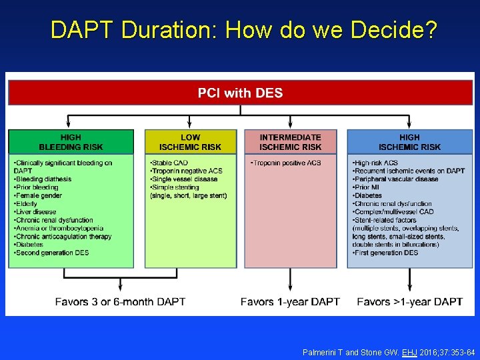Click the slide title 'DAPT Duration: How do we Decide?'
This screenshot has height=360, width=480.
tap(244, 30)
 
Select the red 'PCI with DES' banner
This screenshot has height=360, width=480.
tap(240, 93)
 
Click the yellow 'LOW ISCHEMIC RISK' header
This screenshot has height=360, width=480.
tap(190, 142)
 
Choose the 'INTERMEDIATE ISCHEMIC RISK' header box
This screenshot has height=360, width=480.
tap(290, 142)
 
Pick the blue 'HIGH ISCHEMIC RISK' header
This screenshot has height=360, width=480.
tap(409, 142)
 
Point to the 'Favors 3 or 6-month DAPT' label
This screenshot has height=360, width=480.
tap(120, 302)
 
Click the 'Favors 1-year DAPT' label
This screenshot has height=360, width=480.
tap(290, 302)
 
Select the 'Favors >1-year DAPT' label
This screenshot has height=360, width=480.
tap(409, 302)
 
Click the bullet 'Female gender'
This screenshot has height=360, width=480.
tap(38, 195)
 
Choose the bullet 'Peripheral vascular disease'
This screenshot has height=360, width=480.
tap(396, 179)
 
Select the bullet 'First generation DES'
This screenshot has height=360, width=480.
tap(386, 253)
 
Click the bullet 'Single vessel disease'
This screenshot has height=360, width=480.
tap(185, 179)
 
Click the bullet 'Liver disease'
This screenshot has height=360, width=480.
tap(34, 212)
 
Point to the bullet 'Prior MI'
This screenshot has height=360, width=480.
tap(364, 187)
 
